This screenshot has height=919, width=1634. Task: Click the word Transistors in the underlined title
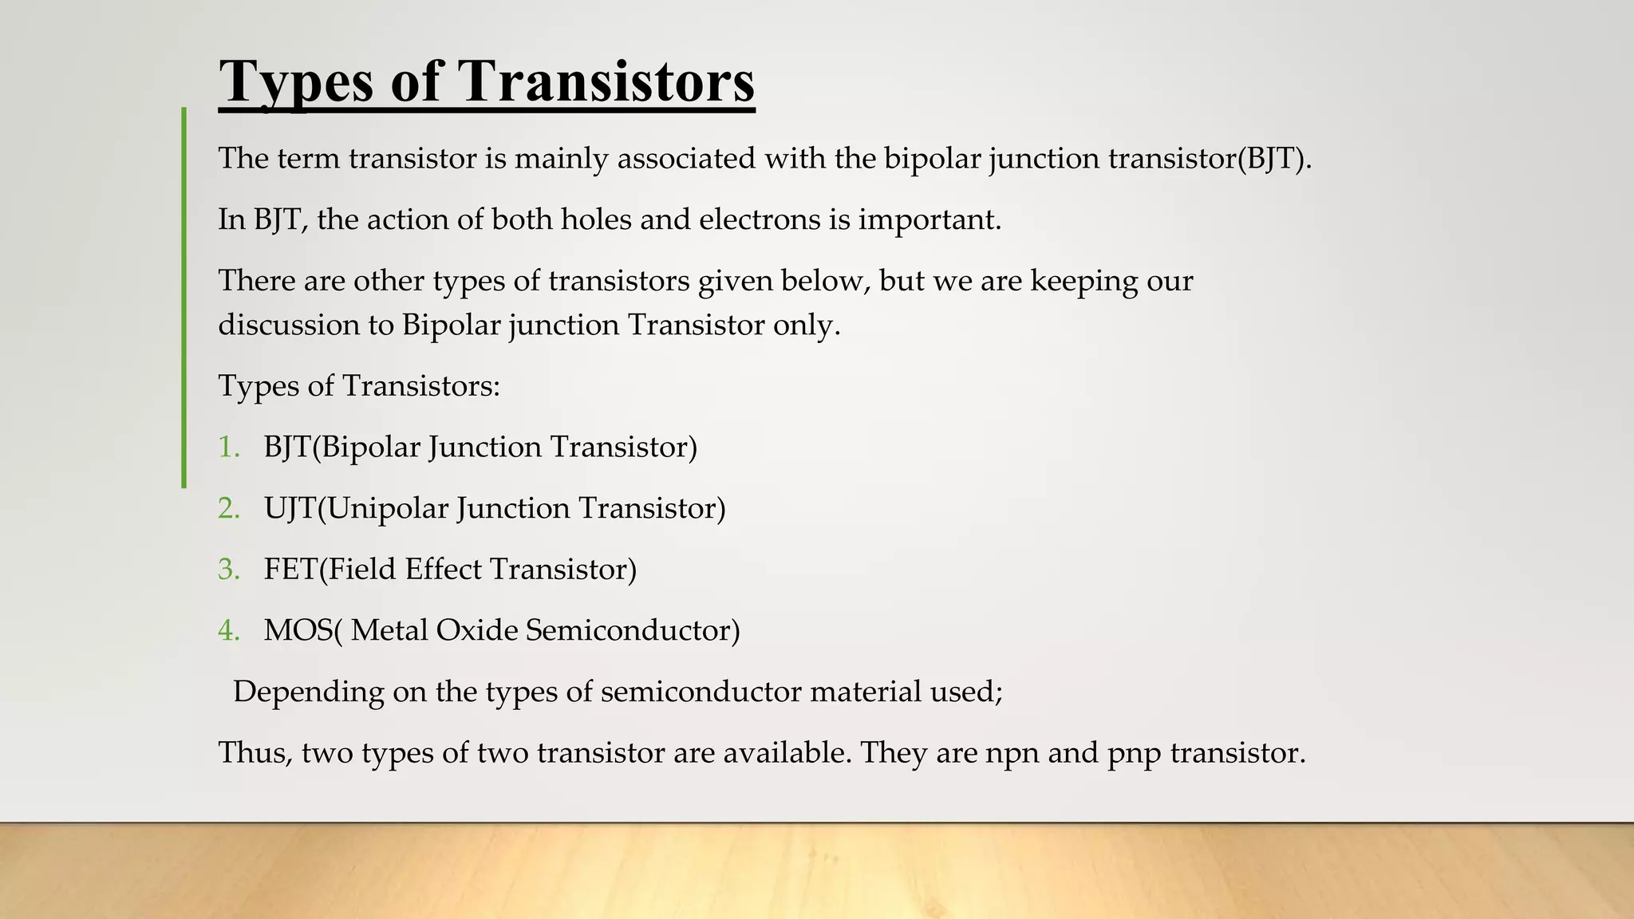(606, 81)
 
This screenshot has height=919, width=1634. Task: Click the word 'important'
(929, 219)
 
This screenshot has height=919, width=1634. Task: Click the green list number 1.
(228, 447)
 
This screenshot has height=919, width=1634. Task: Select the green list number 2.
(228, 508)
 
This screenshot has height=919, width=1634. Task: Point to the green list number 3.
(228, 570)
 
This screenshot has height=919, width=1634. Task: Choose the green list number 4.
(228, 631)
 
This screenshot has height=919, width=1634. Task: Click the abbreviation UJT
(290, 508)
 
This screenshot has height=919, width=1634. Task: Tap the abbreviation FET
(290, 570)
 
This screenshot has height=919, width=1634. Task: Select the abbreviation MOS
(298, 631)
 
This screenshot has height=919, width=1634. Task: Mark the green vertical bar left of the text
(184, 297)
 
